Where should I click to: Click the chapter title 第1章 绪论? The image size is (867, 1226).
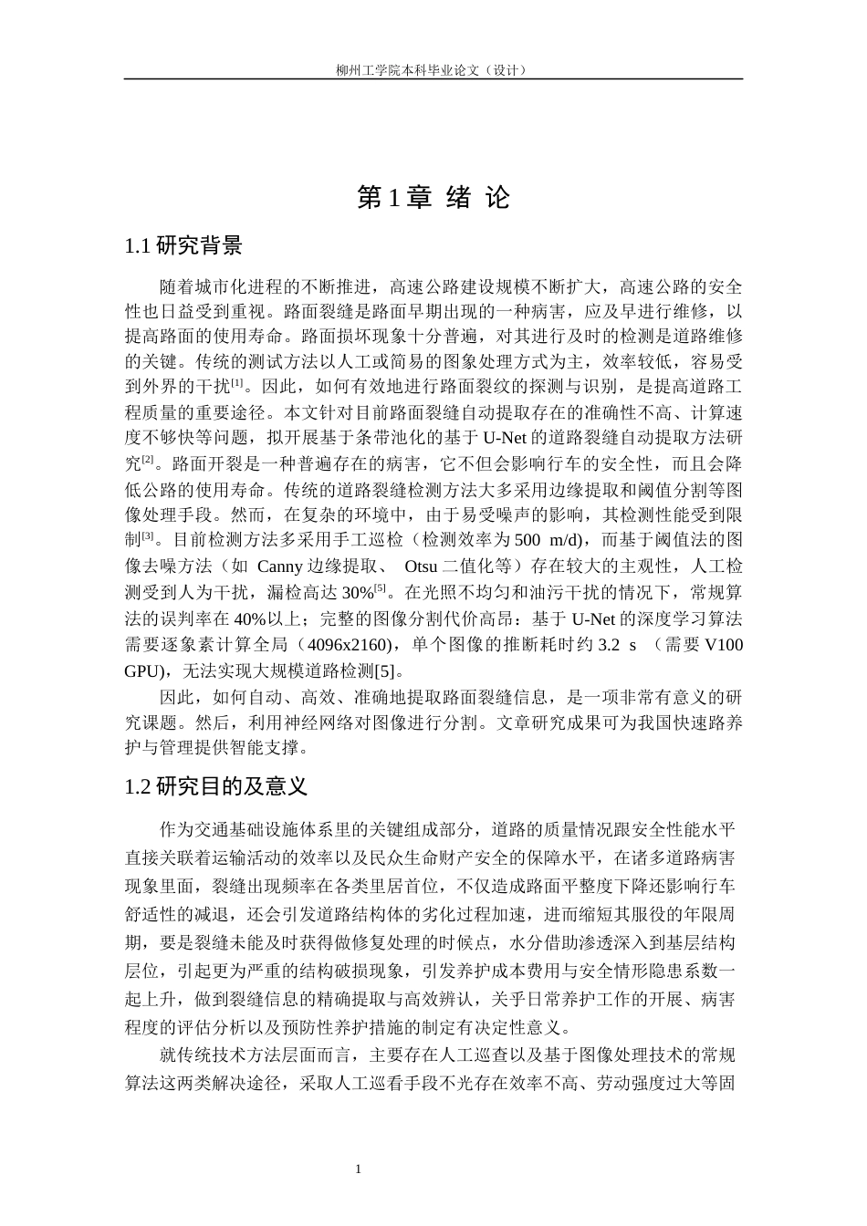[x=433, y=197]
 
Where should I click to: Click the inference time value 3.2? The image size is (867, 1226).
[x=609, y=645]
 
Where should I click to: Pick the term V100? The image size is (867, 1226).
[x=726, y=645]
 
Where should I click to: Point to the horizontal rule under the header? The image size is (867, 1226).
[x=433, y=78]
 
